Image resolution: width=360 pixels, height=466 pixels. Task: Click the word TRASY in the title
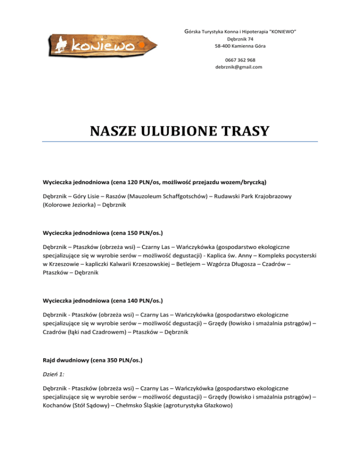(x=247, y=130)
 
